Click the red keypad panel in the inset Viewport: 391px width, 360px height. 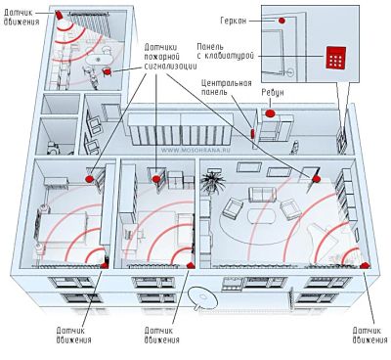pyautogui.click(x=335, y=58)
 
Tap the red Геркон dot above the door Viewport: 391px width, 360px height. pyautogui.click(x=282, y=21)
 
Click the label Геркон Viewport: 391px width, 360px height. pyautogui.click(x=234, y=21)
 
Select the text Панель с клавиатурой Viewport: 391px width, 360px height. pyautogui.click(x=226, y=51)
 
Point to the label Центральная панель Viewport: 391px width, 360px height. pyautogui.click(x=227, y=87)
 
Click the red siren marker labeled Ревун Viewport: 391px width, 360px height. pyautogui.click(x=270, y=113)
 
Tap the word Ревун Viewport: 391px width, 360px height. pyautogui.click(x=273, y=93)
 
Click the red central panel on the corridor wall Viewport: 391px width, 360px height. pyautogui.click(x=252, y=133)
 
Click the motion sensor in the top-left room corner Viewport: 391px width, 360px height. pyautogui.click(x=59, y=16)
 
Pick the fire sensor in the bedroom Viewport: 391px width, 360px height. pyautogui.click(x=89, y=178)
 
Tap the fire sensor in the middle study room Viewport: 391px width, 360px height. pyautogui.click(x=156, y=179)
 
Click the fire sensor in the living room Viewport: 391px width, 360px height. pyautogui.click(x=316, y=179)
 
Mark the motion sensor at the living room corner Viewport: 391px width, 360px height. pyautogui.click(x=365, y=265)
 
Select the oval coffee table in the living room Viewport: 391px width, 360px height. pyautogui.click(x=262, y=216)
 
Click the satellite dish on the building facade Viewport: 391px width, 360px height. pyautogui.click(x=203, y=297)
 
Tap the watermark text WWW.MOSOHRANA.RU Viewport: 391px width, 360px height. pyautogui.click(x=194, y=151)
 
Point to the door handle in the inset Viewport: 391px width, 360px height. pyautogui.click(x=289, y=71)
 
